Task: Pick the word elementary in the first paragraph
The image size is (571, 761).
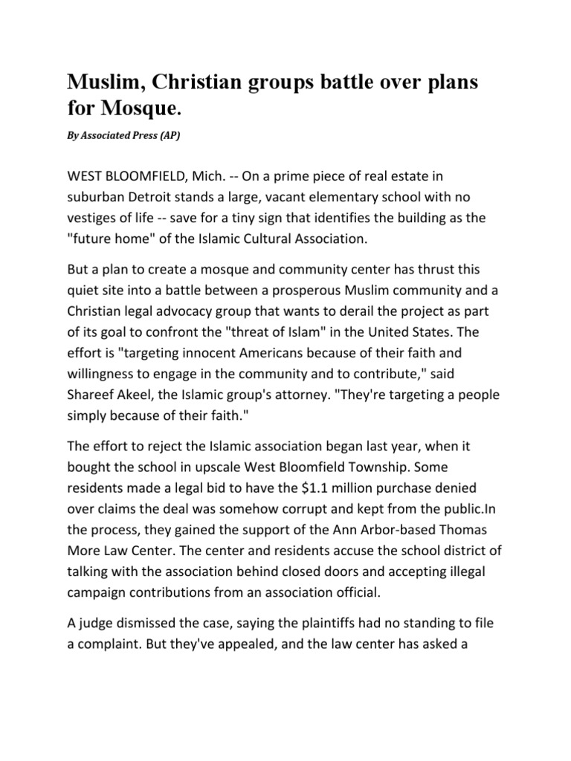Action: click(335, 199)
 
